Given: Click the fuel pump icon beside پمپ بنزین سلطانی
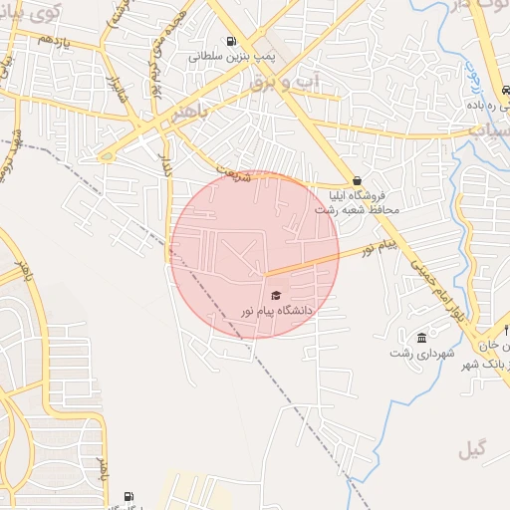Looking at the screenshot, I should tap(232, 42).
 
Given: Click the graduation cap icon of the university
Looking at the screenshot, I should tap(276, 295).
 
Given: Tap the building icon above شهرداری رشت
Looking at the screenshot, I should tap(422, 337).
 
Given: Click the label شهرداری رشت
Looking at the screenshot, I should tap(422, 353).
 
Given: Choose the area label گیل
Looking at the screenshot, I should tap(473, 449).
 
